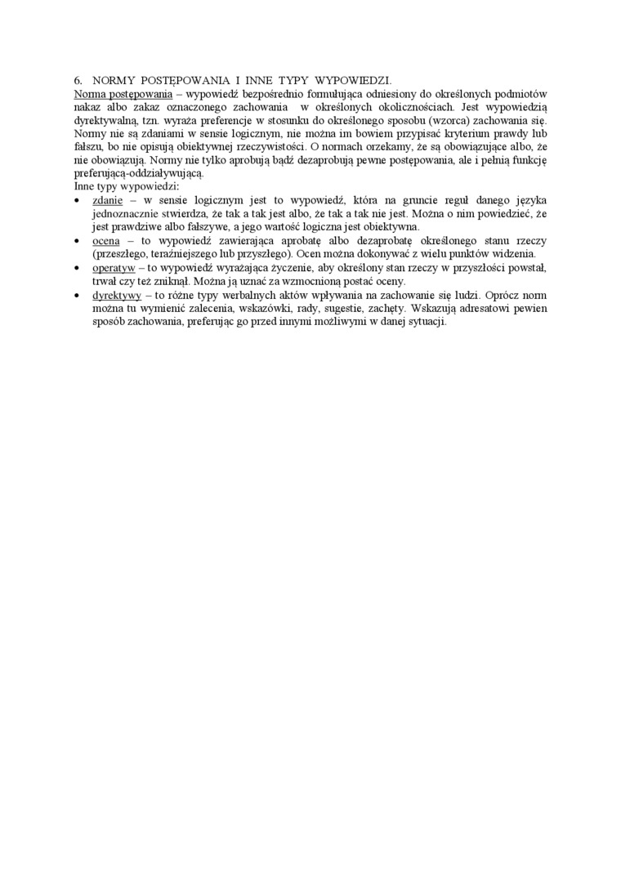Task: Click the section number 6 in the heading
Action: click(78, 81)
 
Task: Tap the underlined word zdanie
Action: click(108, 200)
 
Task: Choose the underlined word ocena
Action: click(107, 241)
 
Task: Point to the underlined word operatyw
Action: click(114, 268)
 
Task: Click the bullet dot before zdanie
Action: click(77, 201)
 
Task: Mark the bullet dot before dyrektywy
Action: click(77, 296)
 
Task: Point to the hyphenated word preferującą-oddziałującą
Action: click(137, 174)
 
